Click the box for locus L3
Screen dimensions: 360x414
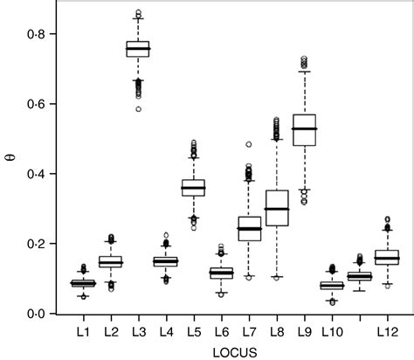tap(137, 48)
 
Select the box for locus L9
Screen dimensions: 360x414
tap(304, 129)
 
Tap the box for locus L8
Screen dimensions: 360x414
tap(276, 208)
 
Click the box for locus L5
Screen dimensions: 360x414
tap(193, 187)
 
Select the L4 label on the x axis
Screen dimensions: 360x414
tap(165, 332)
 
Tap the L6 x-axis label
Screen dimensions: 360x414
tap(221, 332)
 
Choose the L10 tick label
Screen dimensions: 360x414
tap(332, 332)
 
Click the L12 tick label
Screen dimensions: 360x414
tap(386, 332)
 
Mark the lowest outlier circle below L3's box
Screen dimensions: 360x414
tap(137, 109)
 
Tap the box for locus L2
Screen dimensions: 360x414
tap(110, 261)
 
